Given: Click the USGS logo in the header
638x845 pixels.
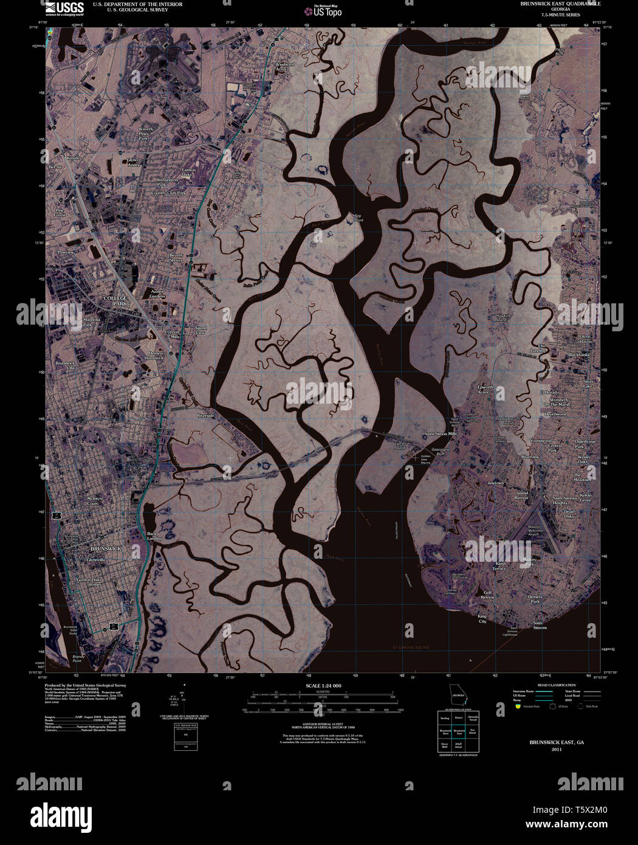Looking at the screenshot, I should pyautogui.click(x=64, y=8).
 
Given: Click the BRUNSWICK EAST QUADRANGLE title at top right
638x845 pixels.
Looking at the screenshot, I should pyautogui.click(x=560, y=4).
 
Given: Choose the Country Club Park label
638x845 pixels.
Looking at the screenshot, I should pyautogui.click(x=168, y=193).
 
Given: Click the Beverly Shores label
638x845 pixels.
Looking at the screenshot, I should pyautogui.click(x=176, y=258).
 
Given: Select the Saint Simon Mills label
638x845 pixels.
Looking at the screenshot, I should pyautogui.click(x=440, y=434).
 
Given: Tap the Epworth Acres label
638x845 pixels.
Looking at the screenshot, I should pyautogui.click(x=484, y=389).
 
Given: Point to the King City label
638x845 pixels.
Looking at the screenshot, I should pyautogui.click(x=482, y=619).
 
